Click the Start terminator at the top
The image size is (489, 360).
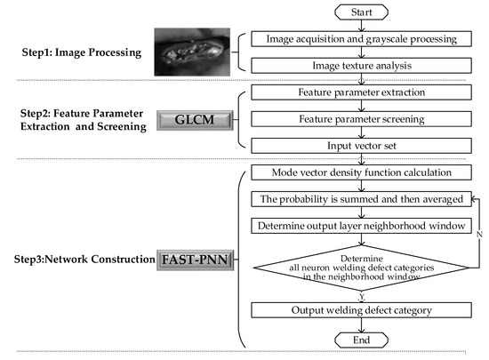(360, 13)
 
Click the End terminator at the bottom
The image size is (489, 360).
(360, 339)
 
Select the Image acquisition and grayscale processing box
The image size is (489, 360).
(360, 39)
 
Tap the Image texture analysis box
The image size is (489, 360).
(360, 65)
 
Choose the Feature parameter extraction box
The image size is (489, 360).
(360, 92)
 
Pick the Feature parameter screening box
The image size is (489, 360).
(360, 118)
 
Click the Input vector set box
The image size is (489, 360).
(360, 145)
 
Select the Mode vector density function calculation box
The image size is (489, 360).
(360, 172)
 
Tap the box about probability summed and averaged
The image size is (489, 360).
(360, 198)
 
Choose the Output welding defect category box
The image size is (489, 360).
(360, 311)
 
